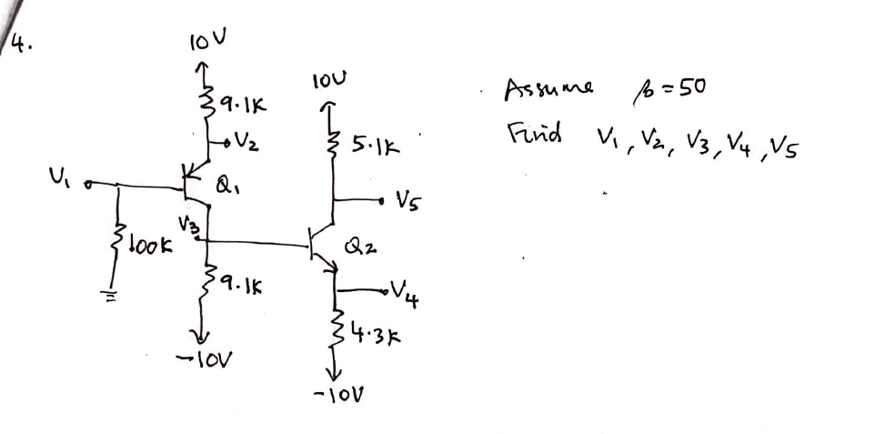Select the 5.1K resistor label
(x=372, y=144)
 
